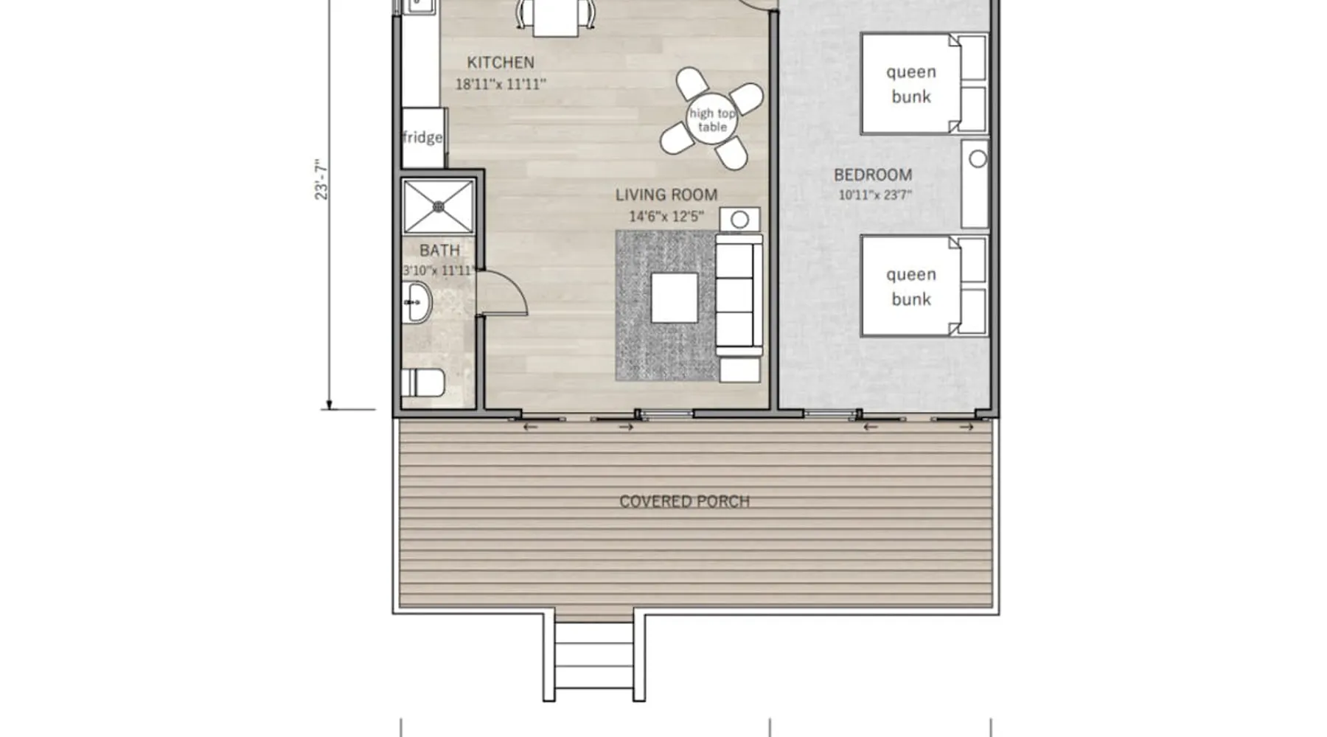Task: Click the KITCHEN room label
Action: point(501,63)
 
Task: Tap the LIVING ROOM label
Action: point(666,195)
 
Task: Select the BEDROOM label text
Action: point(873,175)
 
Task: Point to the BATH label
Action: point(439,251)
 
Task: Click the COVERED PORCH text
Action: point(684,502)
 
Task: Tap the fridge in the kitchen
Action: point(423,138)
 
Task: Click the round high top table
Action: point(712,120)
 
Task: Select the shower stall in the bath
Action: point(439,207)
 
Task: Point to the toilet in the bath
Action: point(422,383)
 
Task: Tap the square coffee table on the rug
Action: point(675,298)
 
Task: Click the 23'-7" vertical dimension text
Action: point(321,179)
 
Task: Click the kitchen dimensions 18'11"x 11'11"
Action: point(501,85)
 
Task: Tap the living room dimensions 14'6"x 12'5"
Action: point(666,217)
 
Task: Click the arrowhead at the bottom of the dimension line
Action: point(330,405)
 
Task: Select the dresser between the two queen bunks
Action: point(975,184)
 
